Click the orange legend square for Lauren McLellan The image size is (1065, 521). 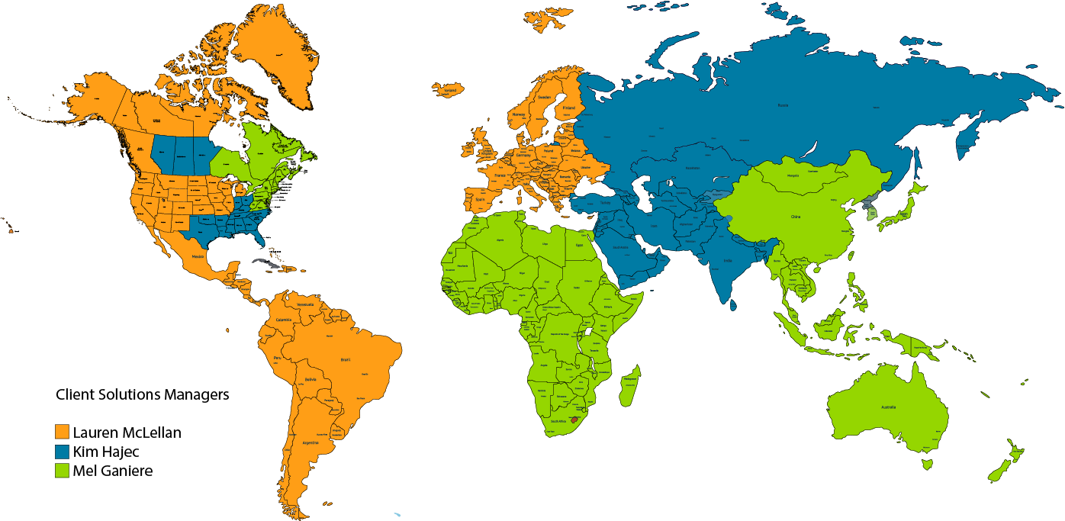[x=63, y=433]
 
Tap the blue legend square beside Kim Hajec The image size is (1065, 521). [x=63, y=452]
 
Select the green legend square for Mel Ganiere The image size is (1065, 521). [x=63, y=471]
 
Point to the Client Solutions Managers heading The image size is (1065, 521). [x=143, y=395]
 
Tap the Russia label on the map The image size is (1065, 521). [x=783, y=105]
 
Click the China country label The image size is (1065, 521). [x=796, y=217]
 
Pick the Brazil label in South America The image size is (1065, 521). [x=345, y=359]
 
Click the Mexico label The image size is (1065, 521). [x=201, y=257]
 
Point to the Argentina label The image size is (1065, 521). [x=310, y=442]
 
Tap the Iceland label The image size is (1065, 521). [x=450, y=90]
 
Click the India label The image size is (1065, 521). [x=728, y=260]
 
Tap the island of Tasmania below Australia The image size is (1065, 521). [x=928, y=464]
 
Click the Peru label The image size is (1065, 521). [x=278, y=358]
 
